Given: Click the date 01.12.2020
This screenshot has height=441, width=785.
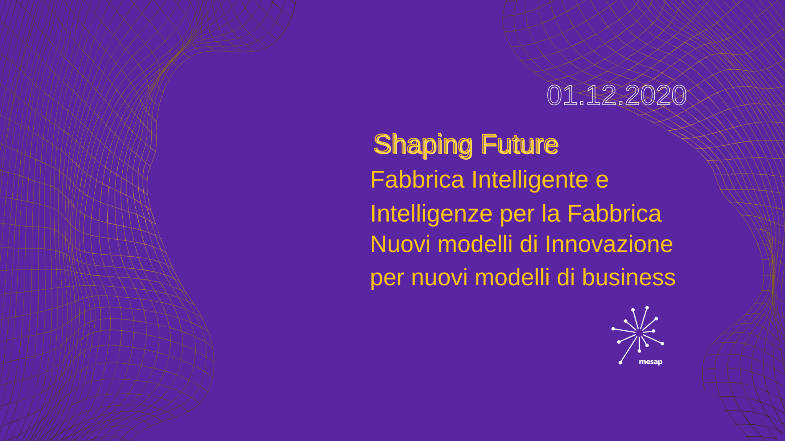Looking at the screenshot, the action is coord(616,95).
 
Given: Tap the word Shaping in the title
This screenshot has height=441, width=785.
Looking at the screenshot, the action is coord(423,145).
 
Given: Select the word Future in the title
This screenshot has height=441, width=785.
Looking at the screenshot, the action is coord(520,144).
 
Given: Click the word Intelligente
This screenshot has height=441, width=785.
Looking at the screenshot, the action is coord(530,180).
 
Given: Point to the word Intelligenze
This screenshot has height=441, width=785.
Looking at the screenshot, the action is coord(431,214).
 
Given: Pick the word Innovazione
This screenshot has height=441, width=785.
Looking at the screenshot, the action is coord(609,244).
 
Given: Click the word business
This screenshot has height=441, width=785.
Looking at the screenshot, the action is coord(629,277).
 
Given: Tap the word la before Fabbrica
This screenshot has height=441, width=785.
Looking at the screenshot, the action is coord(551,213).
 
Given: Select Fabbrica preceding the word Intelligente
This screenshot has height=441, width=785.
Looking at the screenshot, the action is coord(417,180).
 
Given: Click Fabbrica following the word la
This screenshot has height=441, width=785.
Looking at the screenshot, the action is coord(614,213).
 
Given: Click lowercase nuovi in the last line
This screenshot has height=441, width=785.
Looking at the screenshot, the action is coord(439,279).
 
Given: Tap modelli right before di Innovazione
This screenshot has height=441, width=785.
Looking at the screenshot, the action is coord(475,244).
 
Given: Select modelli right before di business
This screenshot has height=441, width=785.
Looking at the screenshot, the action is coord(512,277).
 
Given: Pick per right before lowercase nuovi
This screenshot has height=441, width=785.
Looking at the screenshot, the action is coord(387,280).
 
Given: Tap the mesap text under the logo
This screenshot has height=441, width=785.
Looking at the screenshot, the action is coord(650,362).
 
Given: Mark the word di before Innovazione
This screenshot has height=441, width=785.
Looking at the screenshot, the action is coord(529,244).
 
